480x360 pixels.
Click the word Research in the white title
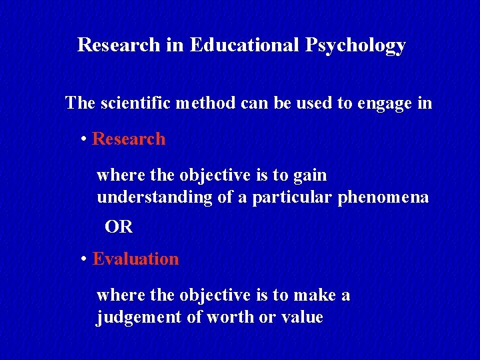[118, 45]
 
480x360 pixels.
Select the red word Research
[129, 139]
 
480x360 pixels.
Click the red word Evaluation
[136, 259]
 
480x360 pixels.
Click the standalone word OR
[119, 227]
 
